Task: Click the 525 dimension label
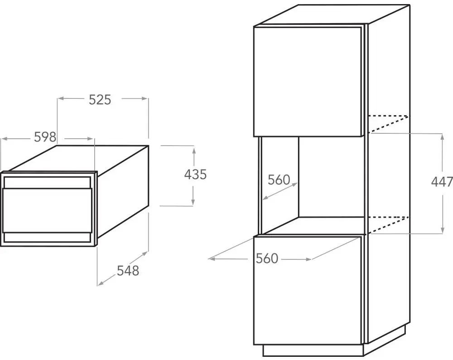coord(100,99)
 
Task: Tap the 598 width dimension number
coord(45,136)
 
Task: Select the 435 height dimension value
coord(195,174)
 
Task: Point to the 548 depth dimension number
coord(128,271)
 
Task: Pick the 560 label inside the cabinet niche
coord(279,180)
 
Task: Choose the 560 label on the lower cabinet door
coord(266,258)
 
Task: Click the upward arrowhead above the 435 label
coord(193,150)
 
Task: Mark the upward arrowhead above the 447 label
coord(443,136)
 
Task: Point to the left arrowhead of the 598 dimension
coord(4,137)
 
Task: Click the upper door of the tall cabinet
coord(308,81)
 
